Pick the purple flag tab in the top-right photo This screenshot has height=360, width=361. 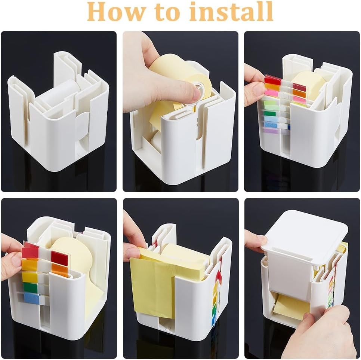[x=271, y=131]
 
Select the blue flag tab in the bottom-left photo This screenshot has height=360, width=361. [x=31, y=298]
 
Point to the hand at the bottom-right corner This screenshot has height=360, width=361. [x=322, y=332]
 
